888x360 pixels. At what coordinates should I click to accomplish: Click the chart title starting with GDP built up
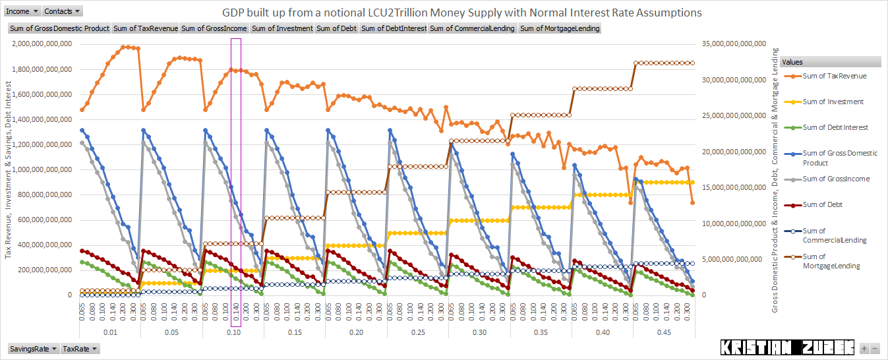461,13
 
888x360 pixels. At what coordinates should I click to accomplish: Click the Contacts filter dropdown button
63,11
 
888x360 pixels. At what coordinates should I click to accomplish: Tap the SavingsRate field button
32,349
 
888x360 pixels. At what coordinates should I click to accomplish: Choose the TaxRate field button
80,349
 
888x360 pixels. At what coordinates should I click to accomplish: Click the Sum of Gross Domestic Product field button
59,28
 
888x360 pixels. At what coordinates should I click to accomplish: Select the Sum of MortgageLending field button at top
560,28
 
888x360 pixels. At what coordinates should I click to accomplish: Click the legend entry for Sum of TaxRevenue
834,76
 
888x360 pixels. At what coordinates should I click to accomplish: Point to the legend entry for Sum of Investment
833,102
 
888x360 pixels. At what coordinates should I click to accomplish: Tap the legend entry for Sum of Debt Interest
835,127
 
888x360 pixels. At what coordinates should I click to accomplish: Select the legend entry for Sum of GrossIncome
835,179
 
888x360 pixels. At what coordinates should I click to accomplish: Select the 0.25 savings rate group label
417,333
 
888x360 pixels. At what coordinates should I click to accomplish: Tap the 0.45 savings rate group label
665,333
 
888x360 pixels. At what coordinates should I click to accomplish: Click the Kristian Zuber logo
788,347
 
